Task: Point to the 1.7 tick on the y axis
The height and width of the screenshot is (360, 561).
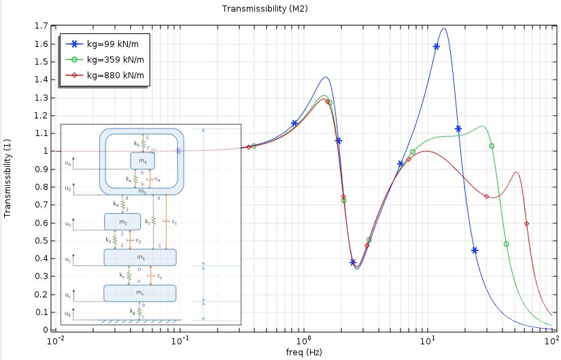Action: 40,26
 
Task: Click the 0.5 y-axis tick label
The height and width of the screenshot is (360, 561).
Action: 40,241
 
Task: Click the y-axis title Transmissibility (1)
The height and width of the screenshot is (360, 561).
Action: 7,178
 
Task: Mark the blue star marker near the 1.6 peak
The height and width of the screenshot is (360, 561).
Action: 436,47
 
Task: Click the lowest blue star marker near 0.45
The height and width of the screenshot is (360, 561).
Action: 475,250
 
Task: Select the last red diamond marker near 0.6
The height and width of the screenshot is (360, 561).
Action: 527,223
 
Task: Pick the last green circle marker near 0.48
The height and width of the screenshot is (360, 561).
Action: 506,244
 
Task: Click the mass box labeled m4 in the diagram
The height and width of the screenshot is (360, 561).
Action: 143,161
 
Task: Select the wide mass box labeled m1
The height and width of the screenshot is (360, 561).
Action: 139,257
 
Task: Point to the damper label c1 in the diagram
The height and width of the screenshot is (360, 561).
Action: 174,222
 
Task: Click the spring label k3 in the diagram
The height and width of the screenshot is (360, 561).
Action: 115,204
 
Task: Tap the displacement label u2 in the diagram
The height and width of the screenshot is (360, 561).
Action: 67,223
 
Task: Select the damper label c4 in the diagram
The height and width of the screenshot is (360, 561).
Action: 157,180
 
